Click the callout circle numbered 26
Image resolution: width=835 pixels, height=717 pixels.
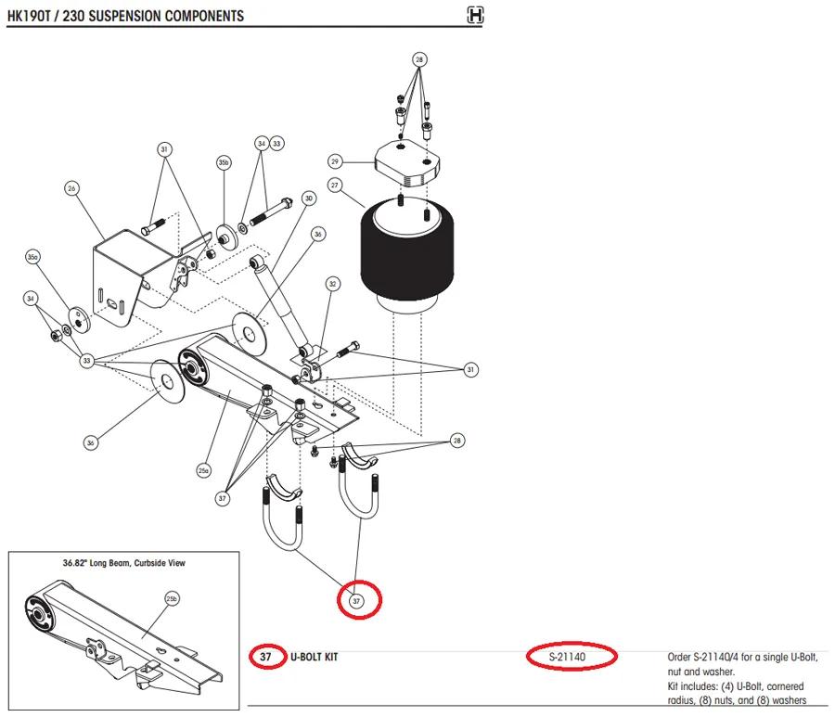click(x=71, y=188)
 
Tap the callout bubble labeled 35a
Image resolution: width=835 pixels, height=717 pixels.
click(x=33, y=257)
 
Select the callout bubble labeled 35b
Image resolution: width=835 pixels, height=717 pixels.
click(x=224, y=162)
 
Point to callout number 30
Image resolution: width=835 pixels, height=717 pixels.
click(x=309, y=198)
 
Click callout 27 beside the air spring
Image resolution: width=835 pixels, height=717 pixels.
click(x=334, y=186)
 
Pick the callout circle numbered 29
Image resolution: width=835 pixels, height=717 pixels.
click(x=334, y=161)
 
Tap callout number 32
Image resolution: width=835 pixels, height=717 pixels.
click(x=333, y=284)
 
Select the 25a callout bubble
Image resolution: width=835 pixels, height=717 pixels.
click(x=203, y=470)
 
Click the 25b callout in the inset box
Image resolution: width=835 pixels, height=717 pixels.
click(x=172, y=599)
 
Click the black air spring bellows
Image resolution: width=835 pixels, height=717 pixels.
click(x=407, y=254)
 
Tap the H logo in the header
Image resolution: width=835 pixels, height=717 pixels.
click(x=474, y=15)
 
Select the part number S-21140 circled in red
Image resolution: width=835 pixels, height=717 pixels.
click(x=567, y=657)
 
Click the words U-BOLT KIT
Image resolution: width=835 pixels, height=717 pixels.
click(x=315, y=657)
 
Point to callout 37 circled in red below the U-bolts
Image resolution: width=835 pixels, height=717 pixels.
click(x=356, y=601)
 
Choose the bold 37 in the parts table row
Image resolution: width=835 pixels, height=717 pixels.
click(x=265, y=657)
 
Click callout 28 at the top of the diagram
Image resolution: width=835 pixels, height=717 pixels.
click(x=419, y=59)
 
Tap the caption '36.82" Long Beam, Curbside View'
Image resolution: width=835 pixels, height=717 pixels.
click(x=124, y=563)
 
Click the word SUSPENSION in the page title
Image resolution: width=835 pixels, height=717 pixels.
click(x=124, y=16)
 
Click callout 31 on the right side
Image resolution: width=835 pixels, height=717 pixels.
click(x=470, y=369)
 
